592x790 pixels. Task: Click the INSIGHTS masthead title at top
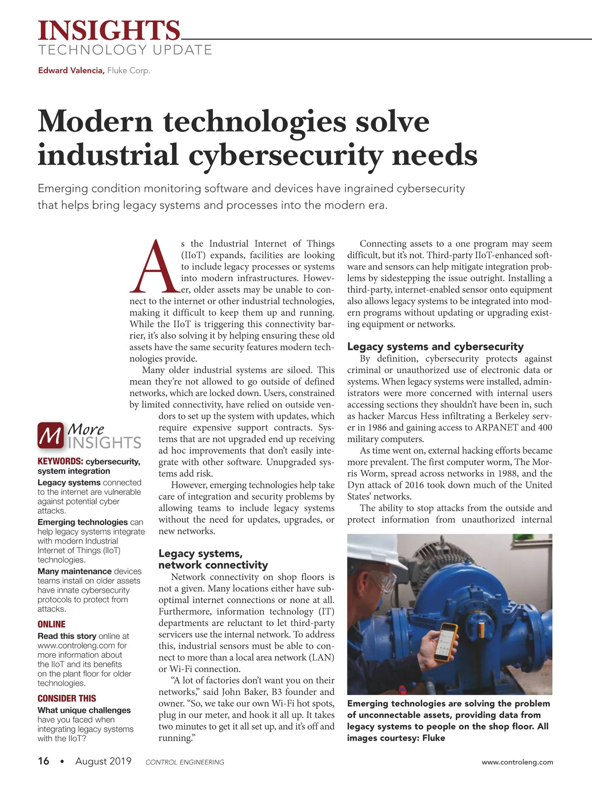point(109,31)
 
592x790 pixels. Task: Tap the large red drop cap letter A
point(154,267)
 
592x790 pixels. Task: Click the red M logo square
point(50,435)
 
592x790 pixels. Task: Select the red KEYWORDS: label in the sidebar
point(60,462)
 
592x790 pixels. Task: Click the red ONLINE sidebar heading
point(51,624)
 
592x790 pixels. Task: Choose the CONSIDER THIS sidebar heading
point(67,698)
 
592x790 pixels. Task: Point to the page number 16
point(43,761)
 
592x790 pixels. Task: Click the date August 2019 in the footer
point(103,761)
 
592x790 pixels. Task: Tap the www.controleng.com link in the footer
point(517,762)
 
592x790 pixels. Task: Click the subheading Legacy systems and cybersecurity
point(435,347)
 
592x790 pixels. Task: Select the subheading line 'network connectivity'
point(213,565)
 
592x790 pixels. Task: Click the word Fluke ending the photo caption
point(434,738)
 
